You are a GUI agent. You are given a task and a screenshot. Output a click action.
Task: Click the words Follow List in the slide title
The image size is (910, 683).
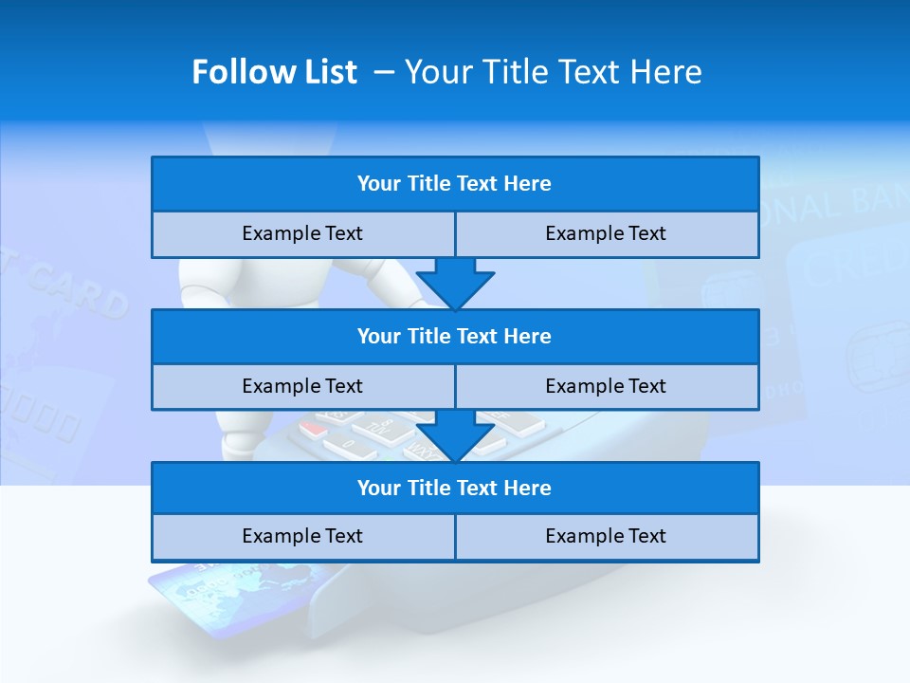click(x=274, y=72)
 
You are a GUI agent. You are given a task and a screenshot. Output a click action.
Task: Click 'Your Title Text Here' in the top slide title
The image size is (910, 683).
click(x=553, y=72)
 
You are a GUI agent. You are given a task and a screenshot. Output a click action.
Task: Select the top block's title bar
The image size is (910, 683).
click(x=455, y=184)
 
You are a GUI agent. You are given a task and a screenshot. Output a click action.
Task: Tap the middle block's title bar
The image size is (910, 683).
click(x=455, y=336)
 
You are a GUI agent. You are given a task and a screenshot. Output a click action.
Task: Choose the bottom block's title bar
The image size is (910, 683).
click(x=455, y=488)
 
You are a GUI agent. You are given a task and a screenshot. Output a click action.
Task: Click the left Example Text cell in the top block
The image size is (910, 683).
click(x=302, y=233)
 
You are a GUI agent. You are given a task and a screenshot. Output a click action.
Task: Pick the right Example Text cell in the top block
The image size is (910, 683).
click(x=606, y=233)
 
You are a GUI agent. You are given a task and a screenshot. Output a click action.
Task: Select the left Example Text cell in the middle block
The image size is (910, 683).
click(x=302, y=386)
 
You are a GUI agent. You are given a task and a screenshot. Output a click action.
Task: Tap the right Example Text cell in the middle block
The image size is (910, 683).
click(x=606, y=386)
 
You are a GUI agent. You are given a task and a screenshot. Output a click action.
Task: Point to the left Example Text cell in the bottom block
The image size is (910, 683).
click(x=302, y=536)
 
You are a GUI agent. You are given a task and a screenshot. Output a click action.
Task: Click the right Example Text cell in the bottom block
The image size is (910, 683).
click(x=606, y=536)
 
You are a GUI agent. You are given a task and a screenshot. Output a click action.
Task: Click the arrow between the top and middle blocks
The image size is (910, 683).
click(x=455, y=283)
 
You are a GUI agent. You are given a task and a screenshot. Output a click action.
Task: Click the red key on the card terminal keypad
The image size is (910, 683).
click(x=314, y=429)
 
